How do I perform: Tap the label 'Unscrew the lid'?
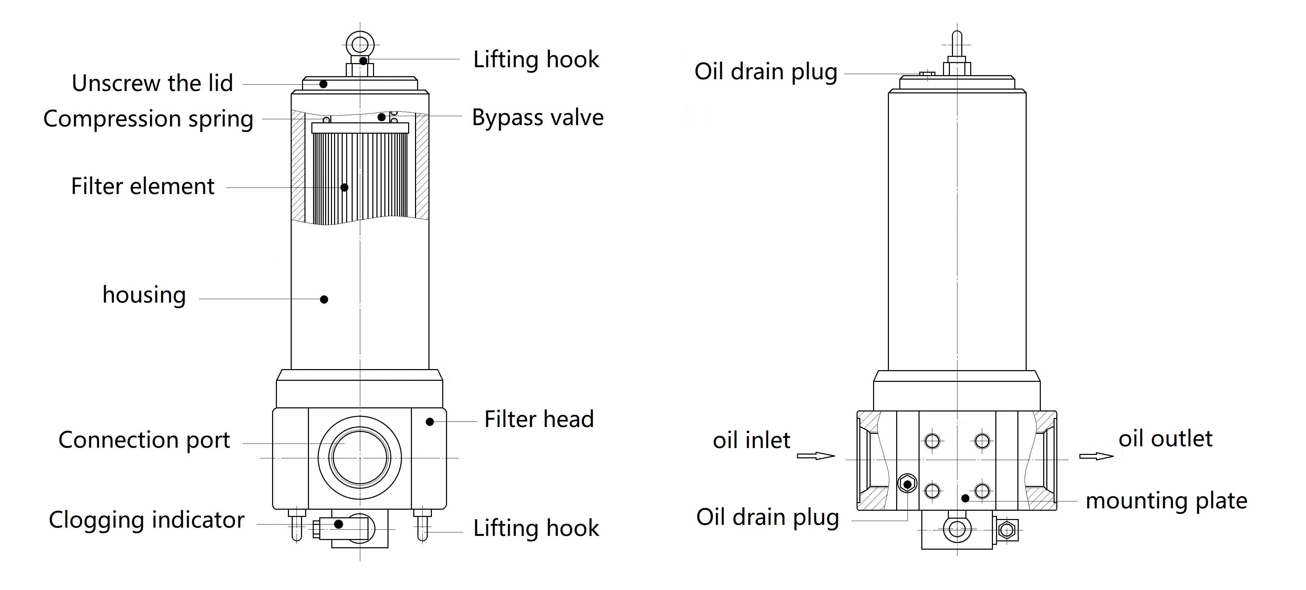152,83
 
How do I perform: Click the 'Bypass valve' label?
537,118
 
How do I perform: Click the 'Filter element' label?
143,186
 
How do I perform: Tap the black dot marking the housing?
324,299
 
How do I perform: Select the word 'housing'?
144,295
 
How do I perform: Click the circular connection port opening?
360,458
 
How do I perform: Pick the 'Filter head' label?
538,419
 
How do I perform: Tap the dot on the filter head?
429,421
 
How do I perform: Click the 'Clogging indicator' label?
146,520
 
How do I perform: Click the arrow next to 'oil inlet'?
815,456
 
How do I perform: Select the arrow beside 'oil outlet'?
1096,456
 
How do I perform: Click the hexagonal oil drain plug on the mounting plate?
907,484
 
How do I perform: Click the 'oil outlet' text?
1165,439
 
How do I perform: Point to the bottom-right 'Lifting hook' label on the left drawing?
536,528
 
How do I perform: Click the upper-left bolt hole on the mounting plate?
932,441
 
